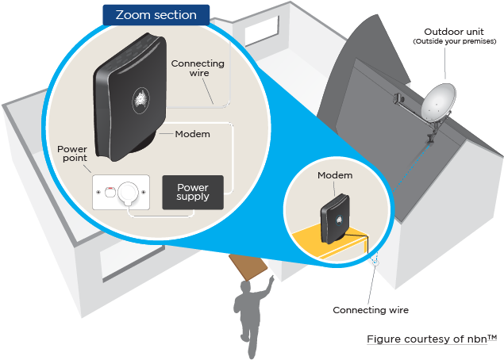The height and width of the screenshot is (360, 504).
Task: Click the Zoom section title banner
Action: [156, 15]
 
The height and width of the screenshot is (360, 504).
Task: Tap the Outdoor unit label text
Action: [454, 32]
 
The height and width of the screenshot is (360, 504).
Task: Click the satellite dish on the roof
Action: [438, 101]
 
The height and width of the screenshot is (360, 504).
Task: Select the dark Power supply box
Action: [193, 192]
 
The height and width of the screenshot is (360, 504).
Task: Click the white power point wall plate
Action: [121, 192]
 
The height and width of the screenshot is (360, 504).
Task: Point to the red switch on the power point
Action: [110, 188]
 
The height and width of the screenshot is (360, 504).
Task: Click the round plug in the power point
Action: [128, 192]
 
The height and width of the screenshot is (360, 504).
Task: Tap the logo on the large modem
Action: [140, 101]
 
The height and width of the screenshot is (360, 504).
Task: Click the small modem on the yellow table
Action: [335, 218]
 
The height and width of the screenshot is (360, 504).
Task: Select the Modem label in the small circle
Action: [335, 175]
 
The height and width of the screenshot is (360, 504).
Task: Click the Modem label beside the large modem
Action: [193, 134]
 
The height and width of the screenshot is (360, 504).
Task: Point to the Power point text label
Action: [72, 154]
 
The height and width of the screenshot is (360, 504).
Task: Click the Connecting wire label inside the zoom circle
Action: [198, 68]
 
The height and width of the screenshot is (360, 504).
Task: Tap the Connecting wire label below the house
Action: [371, 310]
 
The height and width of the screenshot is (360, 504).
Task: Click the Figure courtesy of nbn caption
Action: [432, 339]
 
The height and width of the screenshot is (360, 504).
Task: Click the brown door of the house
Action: [248, 267]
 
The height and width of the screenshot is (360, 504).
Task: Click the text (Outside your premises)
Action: [455, 41]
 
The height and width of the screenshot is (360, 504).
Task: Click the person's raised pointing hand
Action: [271, 279]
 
